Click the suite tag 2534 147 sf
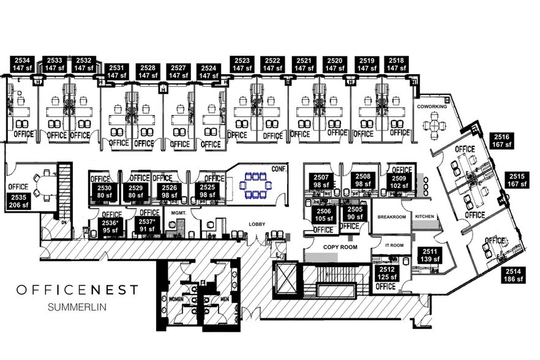click(24, 64)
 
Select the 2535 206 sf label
click(18, 201)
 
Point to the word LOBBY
click(257, 224)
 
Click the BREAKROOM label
click(392, 217)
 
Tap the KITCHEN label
click(425, 217)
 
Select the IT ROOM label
click(395, 245)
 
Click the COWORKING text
click(433, 107)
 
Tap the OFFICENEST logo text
click(77, 290)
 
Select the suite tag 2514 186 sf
click(515, 275)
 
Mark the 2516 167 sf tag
click(501, 141)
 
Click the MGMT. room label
click(178, 213)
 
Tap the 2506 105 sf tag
click(324, 215)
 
